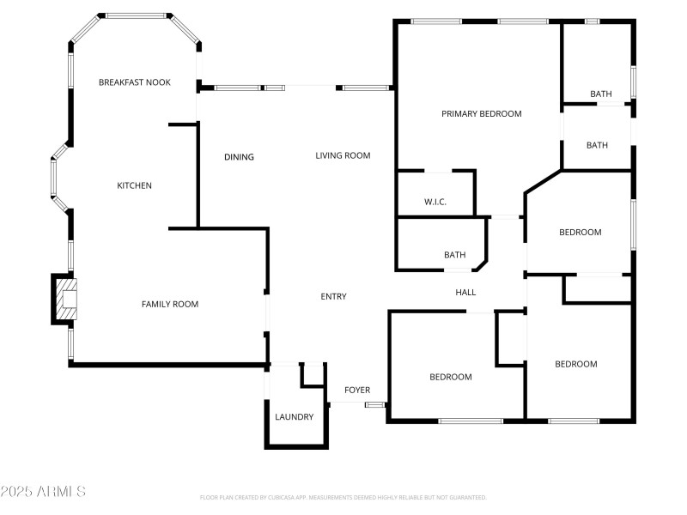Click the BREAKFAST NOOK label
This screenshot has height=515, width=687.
tap(134, 82)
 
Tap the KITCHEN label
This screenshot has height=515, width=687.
tap(134, 185)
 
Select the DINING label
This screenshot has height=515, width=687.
tap(239, 157)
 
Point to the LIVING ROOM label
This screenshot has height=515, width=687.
tap(343, 155)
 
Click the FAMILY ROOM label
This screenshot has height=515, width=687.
tap(169, 304)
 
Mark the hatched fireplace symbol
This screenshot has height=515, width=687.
tap(67, 299)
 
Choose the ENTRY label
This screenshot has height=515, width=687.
tap(333, 297)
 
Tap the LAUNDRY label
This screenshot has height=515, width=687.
tap(294, 417)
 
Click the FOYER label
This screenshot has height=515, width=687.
tap(357, 390)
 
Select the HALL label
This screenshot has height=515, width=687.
tap(465, 293)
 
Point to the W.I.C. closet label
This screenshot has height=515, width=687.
tap(435, 203)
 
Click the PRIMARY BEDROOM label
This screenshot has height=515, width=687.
tap(481, 113)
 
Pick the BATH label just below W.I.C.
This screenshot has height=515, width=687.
tap(454, 255)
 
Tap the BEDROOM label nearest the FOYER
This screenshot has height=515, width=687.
tap(451, 377)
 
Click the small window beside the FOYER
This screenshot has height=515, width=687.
tap(374, 404)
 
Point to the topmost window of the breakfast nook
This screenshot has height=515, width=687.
tap(135, 15)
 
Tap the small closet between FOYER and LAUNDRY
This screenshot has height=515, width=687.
tap(313, 375)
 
